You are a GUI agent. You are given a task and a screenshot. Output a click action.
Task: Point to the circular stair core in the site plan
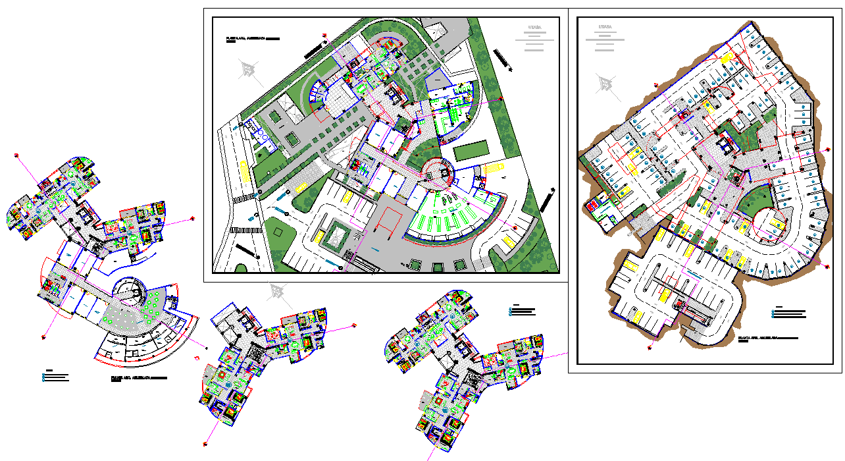439,173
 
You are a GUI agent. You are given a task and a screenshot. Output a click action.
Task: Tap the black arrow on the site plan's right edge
547,200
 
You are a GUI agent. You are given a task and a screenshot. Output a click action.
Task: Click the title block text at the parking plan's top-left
604,37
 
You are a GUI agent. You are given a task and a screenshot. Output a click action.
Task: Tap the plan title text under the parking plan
767,338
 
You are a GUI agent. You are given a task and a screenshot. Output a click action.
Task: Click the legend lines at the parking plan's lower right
788,313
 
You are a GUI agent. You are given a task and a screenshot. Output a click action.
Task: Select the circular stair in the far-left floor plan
130,290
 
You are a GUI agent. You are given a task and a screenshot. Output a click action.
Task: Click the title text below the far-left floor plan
139,379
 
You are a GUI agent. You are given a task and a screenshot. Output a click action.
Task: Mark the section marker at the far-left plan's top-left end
16,155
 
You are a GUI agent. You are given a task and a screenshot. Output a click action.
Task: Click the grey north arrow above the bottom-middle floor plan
278,292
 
